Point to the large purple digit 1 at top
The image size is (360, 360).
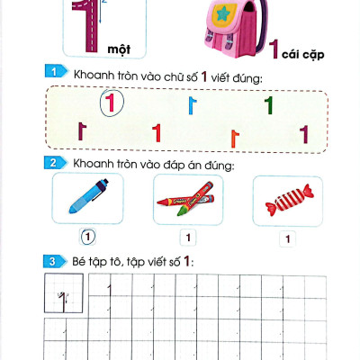point(87,25)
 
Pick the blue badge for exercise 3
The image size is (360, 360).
point(54,262)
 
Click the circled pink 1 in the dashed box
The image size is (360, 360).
point(110,103)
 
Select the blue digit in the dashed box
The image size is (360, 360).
point(191,106)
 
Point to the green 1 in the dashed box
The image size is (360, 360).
point(268,105)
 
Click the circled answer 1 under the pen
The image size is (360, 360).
point(87,238)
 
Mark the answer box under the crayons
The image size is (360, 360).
point(187,238)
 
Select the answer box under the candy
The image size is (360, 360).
point(287,238)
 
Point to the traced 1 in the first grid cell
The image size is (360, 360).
point(64,294)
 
